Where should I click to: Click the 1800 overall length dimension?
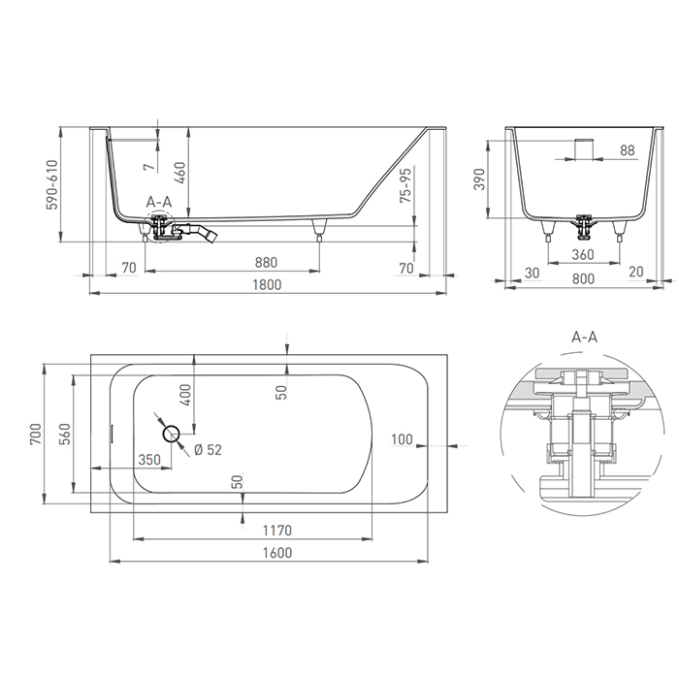pyautogui.click(x=267, y=284)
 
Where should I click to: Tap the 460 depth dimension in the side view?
pyautogui.click(x=180, y=172)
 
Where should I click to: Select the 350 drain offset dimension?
pyautogui.click(x=148, y=460)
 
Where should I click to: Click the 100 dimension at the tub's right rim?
pyautogui.click(x=401, y=439)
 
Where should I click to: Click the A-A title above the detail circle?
pyautogui.click(x=584, y=337)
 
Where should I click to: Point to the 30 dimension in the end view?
pyautogui.click(x=531, y=273)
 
